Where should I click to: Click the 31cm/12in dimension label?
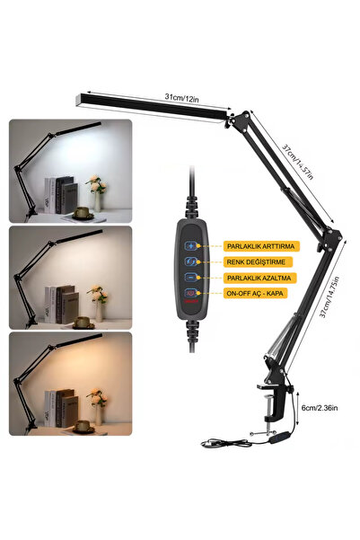[x=181, y=98]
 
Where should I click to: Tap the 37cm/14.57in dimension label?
[x=298, y=162]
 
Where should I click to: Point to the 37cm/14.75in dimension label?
[x=329, y=297]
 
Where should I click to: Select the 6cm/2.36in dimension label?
[x=320, y=408]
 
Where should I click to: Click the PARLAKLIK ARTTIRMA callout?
[x=261, y=246]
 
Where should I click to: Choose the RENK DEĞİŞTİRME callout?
[x=258, y=262]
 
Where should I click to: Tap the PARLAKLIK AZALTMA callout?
[x=259, y=278]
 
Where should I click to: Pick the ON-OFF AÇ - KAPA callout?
[x=255, y=294]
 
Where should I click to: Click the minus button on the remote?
[x=191, y=277]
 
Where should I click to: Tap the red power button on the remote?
[x=191, y=293]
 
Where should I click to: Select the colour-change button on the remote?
[x=191, y=261]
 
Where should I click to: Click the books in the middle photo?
[x=62, y=305]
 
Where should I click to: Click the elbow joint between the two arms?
[x=331, y=238]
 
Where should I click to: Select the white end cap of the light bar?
[x=78, y=99]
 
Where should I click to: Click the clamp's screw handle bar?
[x=263, y=433]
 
